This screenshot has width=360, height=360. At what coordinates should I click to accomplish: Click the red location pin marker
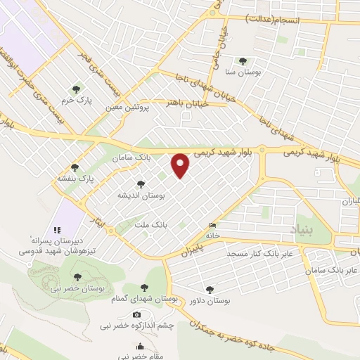(x=181, y=165)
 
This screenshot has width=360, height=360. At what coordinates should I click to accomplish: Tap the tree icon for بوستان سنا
(x=243, y=61)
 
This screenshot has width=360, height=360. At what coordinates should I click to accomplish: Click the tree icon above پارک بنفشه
(x=75, y=167)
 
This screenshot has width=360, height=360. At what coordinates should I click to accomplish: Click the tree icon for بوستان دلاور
(x=210, y=289)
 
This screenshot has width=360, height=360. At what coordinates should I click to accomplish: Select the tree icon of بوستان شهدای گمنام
(x=144, y=288)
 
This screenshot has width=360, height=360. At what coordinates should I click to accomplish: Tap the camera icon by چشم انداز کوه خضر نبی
(x=136, y=314)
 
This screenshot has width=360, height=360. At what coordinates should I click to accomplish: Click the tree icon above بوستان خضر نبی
(x=77, y=277)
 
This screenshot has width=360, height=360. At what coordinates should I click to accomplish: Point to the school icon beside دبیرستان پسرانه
(x=58, y=230)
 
